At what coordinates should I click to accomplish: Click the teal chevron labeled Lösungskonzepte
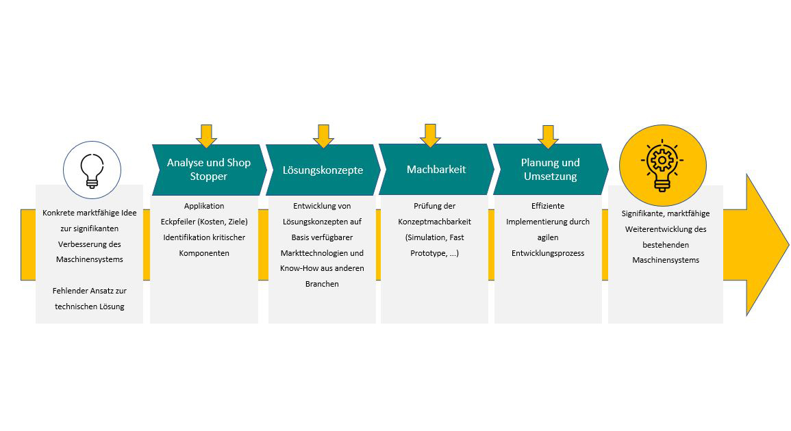323,170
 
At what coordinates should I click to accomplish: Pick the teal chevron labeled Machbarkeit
436,169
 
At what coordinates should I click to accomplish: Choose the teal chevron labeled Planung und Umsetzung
550,169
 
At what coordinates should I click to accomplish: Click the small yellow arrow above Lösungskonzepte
323,135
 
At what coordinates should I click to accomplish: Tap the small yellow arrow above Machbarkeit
430,135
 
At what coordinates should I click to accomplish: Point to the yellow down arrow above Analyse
206,135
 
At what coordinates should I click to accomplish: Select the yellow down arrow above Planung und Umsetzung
547,135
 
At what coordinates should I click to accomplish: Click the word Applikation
204,206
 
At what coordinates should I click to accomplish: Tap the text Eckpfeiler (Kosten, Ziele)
204,222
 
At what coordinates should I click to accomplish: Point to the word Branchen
322,284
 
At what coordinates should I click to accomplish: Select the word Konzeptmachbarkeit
434,222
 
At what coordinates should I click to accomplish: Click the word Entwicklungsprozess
548,253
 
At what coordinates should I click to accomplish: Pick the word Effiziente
548,206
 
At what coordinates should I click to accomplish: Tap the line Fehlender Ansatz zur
90,291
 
